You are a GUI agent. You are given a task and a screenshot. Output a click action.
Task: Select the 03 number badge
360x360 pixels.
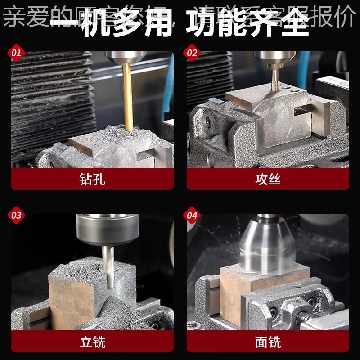click(x=16, y=216)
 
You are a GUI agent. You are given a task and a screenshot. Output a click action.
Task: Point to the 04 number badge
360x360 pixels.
click(x=192, y=216)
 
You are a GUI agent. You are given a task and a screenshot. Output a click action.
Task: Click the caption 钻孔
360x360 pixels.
click(x=92, y=180)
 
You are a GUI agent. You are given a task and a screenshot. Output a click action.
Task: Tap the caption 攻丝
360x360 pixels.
click(x=268, y=180)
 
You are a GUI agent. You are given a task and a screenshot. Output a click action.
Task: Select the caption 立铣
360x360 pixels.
click(x=92, y=342)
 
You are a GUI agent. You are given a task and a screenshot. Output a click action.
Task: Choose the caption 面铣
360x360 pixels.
click(x=268, y=342)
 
